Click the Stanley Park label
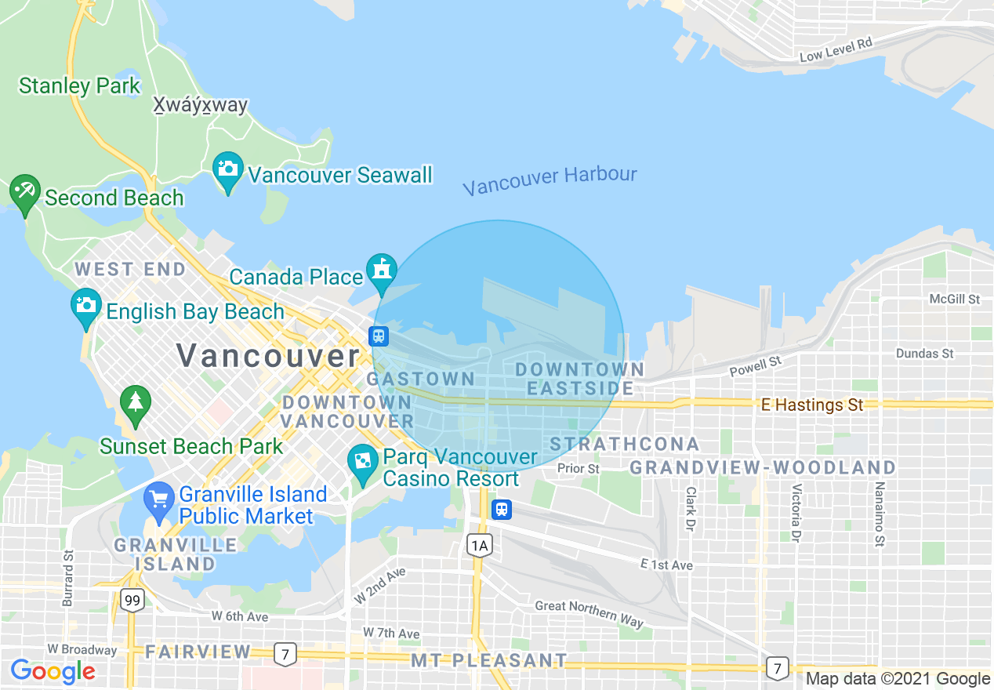tap(79, 85)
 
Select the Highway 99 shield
tap(132, 601)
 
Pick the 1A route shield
tap(480, 545)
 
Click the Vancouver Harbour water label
tap(550, 180)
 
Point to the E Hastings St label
tap(812, 405)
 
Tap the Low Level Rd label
tap(836, 50)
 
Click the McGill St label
tap(954, 299)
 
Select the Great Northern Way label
tap(589, 614)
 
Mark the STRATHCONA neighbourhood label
tap(624, 444)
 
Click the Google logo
tap(53, 671)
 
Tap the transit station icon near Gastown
tap(379, 336)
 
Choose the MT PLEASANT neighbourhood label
tap(488, 660)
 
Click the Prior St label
tap(579, 468)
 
